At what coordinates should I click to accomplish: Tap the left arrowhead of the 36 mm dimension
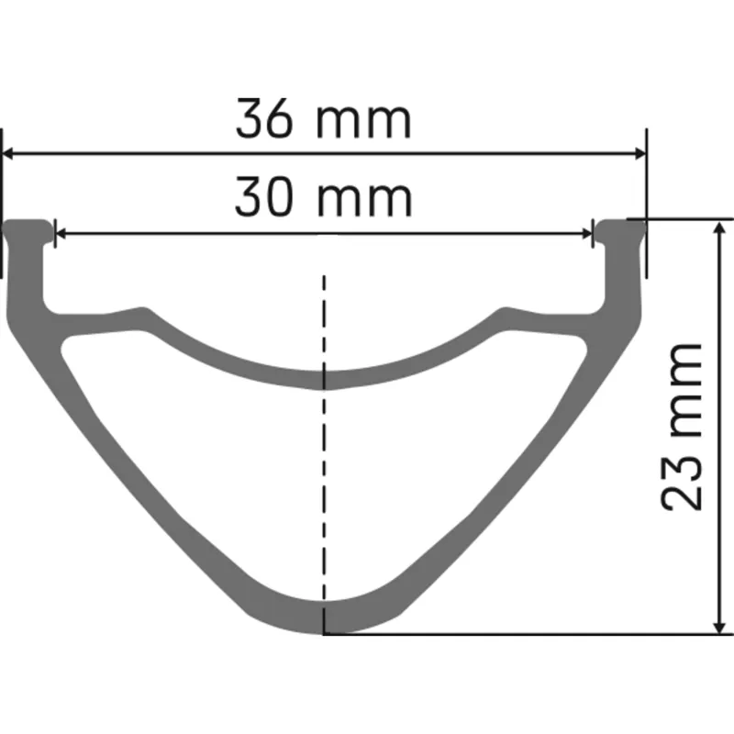click(x=13, y=153)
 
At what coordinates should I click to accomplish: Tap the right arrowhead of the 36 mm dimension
click(x=637, y=153)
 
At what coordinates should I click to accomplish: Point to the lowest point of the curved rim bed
click(x=323, y=379)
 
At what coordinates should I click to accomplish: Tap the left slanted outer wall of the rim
click(x=119, y=459)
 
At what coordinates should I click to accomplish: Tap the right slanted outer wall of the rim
click(x=528, y=459)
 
